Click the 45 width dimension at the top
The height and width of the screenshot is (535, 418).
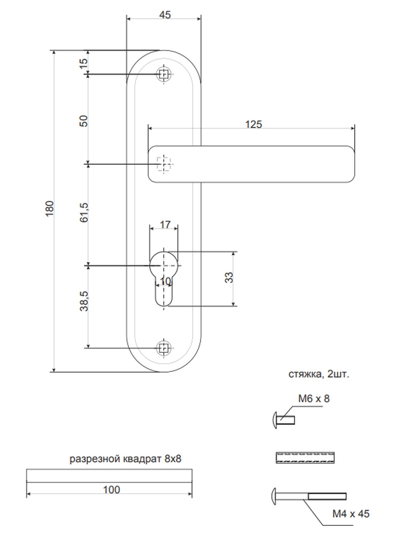(165, 14)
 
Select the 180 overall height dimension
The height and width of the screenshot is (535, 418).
(49, 208)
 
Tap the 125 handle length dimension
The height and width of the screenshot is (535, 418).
(254, 124)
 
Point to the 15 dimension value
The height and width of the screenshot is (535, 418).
(83, 63)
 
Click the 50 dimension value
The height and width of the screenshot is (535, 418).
(83, 121)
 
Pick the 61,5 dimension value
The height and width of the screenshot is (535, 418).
(83, 212)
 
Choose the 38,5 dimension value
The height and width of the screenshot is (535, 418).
(83, 301)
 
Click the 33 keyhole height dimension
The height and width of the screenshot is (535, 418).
(229, 277)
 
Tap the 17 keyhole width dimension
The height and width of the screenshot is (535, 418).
(165, 225)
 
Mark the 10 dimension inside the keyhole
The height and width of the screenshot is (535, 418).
(165, 281)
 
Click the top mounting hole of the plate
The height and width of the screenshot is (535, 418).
(164, 74)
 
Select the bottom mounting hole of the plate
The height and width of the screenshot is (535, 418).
(164, 348)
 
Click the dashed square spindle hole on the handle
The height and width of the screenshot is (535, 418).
(163, 164)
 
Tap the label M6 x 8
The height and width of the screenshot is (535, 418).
(314, 399)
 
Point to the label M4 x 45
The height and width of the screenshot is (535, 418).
(351, 514)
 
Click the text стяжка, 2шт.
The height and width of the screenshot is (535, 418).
(318, 374)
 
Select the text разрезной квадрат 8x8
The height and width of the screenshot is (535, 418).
(125, 458)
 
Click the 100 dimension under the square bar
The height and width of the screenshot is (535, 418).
(111, 490)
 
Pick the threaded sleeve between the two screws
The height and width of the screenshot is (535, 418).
(305, 457)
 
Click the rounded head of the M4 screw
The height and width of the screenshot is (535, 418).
(275, 496)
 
